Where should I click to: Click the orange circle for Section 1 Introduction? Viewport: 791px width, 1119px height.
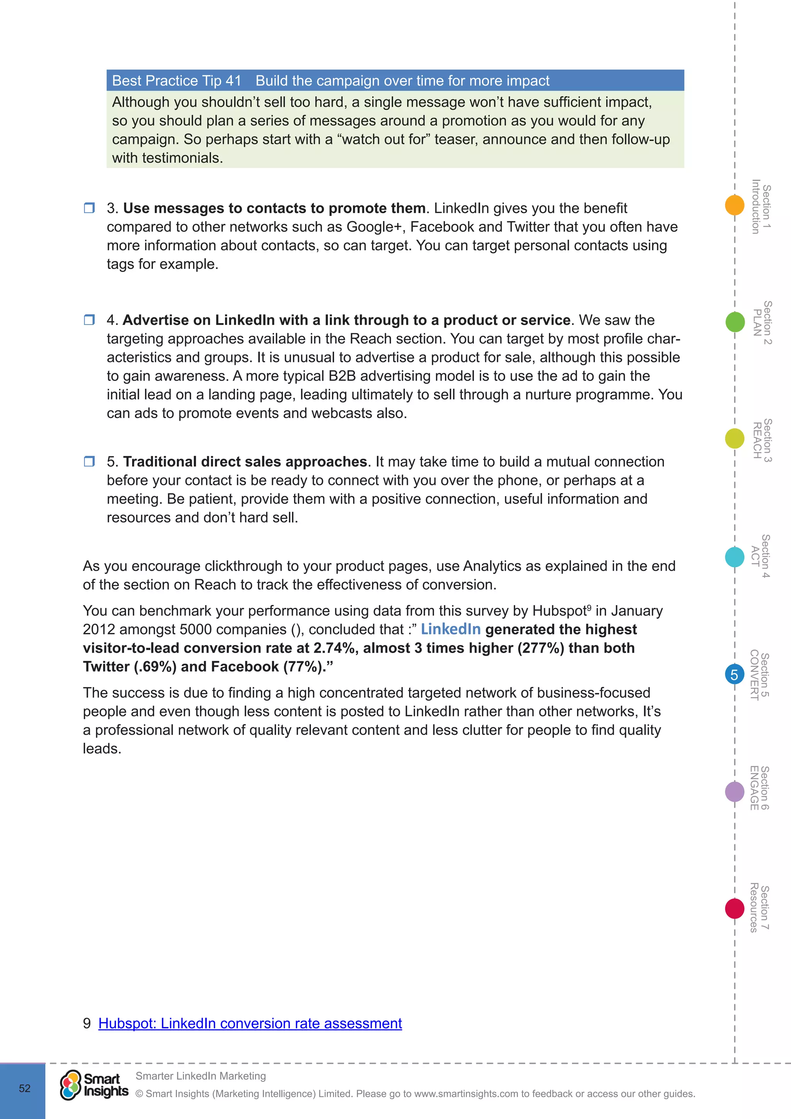735,205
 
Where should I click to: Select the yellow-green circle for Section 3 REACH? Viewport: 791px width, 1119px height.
735,438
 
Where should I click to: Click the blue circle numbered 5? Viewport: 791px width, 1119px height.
735,675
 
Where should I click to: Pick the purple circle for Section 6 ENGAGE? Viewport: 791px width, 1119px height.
735,791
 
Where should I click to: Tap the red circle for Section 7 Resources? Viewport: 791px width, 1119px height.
735,908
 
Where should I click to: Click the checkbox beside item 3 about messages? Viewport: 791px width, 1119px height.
89,208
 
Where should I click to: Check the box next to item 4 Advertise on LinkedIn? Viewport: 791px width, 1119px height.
89,320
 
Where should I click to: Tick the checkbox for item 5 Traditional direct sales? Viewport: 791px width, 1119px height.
89,461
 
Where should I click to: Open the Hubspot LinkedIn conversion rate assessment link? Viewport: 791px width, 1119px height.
250,1023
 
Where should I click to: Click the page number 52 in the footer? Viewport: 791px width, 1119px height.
24,1088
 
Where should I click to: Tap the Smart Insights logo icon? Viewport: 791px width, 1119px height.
71,1085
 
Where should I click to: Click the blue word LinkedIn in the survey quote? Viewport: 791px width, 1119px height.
451,629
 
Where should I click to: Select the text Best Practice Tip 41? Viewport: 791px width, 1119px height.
177,80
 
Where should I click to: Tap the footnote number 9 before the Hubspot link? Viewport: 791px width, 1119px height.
87,1023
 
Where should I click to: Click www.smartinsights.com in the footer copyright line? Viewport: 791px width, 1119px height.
466,1093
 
